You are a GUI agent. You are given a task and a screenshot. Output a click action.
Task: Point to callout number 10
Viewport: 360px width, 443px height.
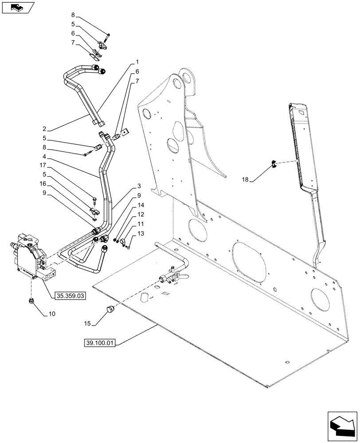51,314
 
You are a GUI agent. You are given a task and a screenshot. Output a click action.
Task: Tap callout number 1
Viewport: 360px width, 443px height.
137,61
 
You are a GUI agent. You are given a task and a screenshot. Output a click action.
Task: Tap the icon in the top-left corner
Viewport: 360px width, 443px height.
17,7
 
